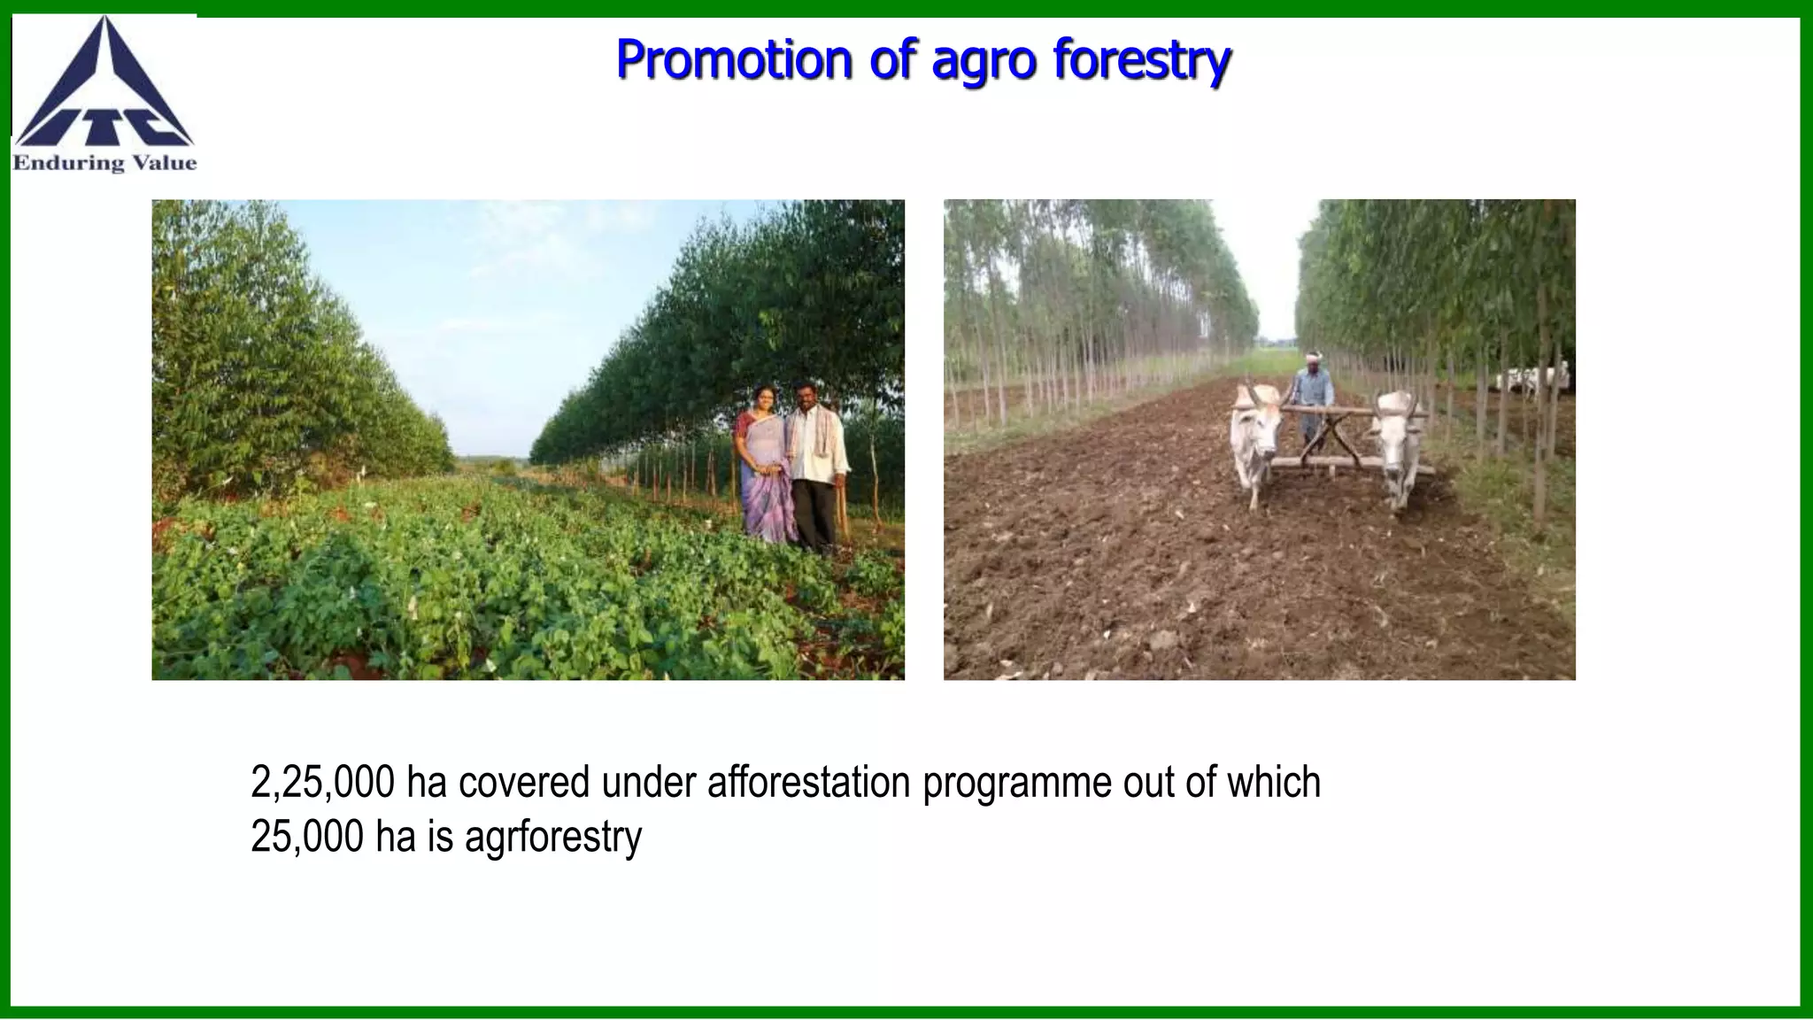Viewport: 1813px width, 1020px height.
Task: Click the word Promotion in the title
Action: tap(732, 59)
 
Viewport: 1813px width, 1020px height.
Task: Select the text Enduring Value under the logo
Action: tap(104, 163)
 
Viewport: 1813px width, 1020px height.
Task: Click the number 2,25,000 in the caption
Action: tap(322, 782)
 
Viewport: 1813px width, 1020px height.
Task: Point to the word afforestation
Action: tap(808, 782)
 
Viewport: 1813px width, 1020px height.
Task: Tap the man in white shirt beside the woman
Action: tap(815, 465)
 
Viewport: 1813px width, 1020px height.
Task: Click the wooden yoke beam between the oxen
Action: tap(1328, 409)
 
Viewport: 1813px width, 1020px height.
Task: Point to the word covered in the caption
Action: tap(523, 782)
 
